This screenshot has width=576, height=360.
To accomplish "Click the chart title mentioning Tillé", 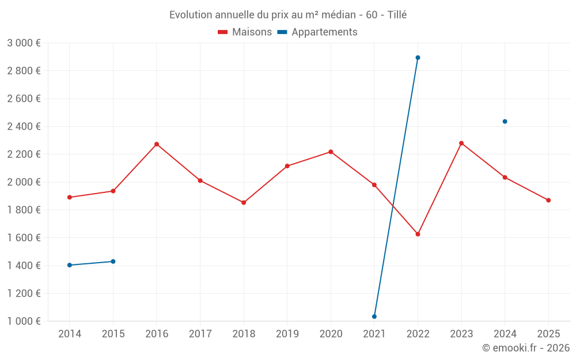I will (287, 15).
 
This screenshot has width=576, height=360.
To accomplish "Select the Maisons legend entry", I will (245, 32).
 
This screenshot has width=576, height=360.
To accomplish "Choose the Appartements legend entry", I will (317, 32).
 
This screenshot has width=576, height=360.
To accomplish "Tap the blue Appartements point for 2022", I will (418, 58).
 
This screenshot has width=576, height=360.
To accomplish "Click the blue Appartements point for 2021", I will (374, 316).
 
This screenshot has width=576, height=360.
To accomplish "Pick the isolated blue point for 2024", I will (505, 122).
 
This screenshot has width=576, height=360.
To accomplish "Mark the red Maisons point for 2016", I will (157, 144).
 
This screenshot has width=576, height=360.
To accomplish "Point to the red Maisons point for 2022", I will (418, 234).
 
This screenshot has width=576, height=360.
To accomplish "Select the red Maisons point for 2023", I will (461, 143).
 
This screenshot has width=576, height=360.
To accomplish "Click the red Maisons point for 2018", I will (244, 203).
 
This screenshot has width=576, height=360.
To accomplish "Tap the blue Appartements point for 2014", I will (70, 265).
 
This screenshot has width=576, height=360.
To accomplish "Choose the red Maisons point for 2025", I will (548, 200).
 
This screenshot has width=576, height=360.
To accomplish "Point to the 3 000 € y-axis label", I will (24, 43).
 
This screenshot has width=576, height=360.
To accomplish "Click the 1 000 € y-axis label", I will (24, 321).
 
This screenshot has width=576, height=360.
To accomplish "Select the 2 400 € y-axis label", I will (24, 127).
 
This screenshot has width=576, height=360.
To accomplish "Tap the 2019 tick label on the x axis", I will (287, 334).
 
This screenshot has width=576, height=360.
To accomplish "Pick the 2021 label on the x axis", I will (374, 334).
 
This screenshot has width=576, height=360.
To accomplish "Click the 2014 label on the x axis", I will (70, 334).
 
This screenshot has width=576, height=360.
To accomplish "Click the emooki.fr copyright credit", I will (525, 348).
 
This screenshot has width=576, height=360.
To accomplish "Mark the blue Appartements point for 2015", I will (113, 262).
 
